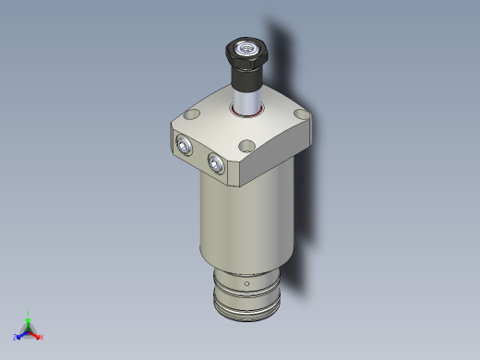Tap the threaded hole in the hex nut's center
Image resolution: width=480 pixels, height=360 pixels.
[x=246, y=45]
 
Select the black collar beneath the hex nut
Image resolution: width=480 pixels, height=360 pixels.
[x=246, y=72]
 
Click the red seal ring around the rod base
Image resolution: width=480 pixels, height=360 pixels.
[x=247, y=114]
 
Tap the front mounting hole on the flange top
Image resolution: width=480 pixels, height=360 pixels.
[x=246, y=146]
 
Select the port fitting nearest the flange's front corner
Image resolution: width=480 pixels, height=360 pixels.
[x=216, y=163]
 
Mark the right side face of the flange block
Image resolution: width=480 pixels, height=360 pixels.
[x=282, y=152]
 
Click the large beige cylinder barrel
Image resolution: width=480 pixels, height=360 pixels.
[x=245, y=222]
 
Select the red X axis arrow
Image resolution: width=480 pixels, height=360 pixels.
[x=37, y=335]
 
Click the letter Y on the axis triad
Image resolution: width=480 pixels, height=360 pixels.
[x=29, y=314]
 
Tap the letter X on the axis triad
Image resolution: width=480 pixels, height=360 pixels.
[x=42, y=337]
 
